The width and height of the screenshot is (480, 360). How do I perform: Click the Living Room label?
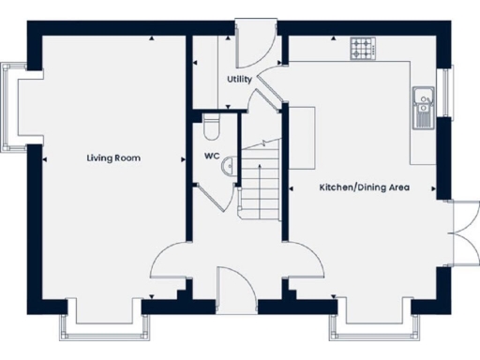tap(113, 158)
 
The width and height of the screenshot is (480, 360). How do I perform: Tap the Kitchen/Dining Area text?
tap(365, 187)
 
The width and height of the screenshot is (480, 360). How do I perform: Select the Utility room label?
tap(239, 80)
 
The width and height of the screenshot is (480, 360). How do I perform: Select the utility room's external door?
tap(253, 39)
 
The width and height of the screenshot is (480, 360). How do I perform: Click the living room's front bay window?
tap(102, 323)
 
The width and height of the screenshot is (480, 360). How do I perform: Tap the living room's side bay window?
tap(13, 103)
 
